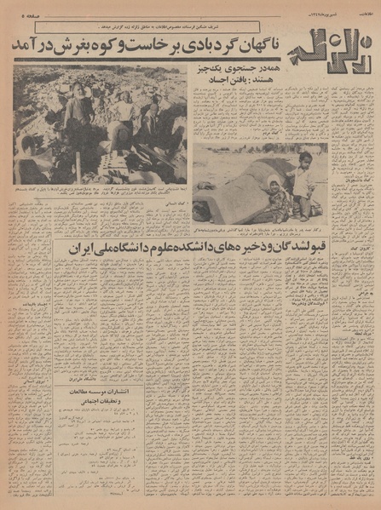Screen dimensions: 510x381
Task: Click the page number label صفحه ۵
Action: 26,14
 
